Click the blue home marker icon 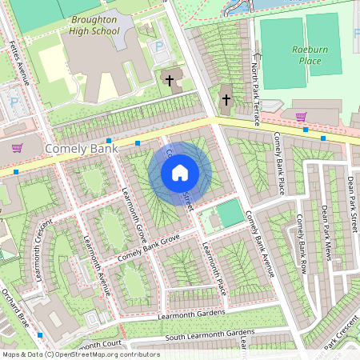tap(180, 172)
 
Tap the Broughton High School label tap(94, 25)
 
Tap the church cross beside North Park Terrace tap(226, 100)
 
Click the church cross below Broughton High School tap(169, 79)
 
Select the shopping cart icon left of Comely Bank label tap(17, 148)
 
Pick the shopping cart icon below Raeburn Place tap(301, 117)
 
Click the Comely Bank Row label tap(302, 244)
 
